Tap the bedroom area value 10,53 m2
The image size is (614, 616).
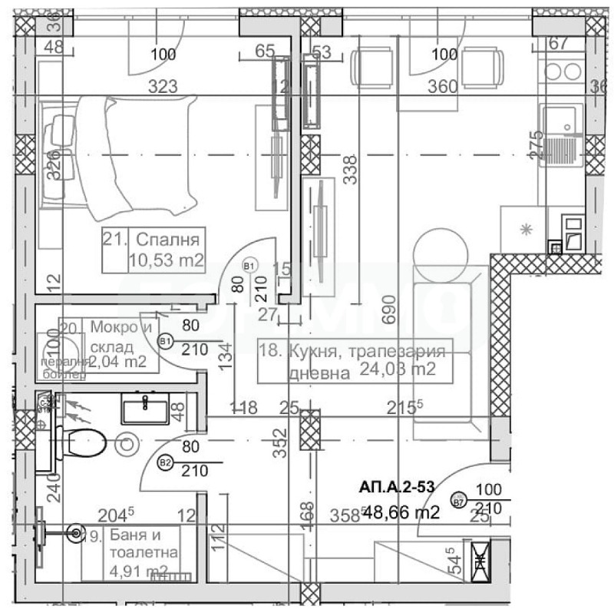tap(166, 261)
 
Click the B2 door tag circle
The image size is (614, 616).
tap(164, 462)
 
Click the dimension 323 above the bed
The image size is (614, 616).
tap(163, 86)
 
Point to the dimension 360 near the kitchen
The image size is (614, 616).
tap(441, 86)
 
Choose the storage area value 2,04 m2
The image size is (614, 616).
tap(119, 361)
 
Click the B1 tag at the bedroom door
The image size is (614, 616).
tap(248, 266)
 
